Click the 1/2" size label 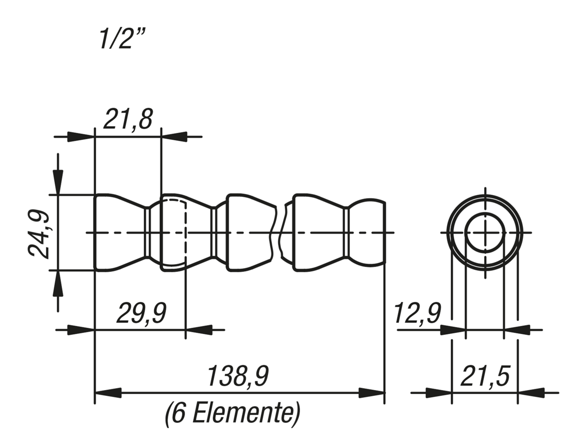122,39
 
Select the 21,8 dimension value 128,119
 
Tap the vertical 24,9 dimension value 38,234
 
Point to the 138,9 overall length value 238,376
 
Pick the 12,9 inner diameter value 417,314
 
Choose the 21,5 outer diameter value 485,376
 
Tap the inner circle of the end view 485,233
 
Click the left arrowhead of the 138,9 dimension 108,393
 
